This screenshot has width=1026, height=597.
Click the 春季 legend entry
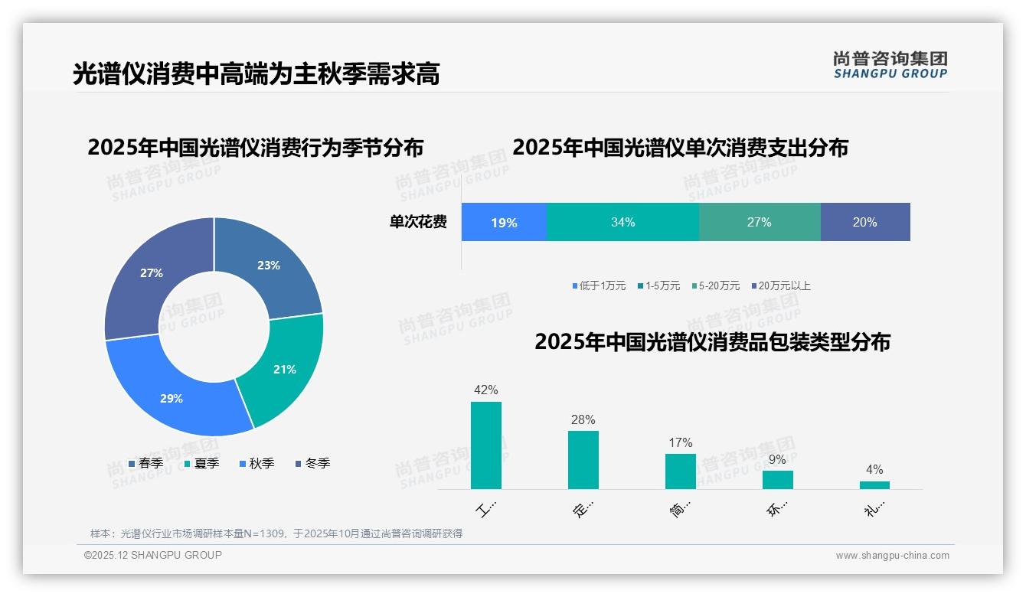[146, 463]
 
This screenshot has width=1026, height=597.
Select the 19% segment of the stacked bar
[504, 222]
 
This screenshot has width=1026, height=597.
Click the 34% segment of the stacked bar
[622, 222]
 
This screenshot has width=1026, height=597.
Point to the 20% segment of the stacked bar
[864, 222]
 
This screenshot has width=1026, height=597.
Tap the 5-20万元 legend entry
[715, 285]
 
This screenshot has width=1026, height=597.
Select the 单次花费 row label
[418, 222]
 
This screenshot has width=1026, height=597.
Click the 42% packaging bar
[486, 445]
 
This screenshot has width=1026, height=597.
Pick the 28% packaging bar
[583, 459]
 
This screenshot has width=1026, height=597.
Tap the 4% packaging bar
[874, 484]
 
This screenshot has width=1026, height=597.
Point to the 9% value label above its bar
[777, 460]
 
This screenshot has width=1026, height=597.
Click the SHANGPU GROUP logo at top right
[890, 65]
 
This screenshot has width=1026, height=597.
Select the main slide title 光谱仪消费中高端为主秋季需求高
[256, 73]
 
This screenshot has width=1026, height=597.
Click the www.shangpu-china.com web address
[892, 556]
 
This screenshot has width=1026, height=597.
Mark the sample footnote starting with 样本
[276, 533]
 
